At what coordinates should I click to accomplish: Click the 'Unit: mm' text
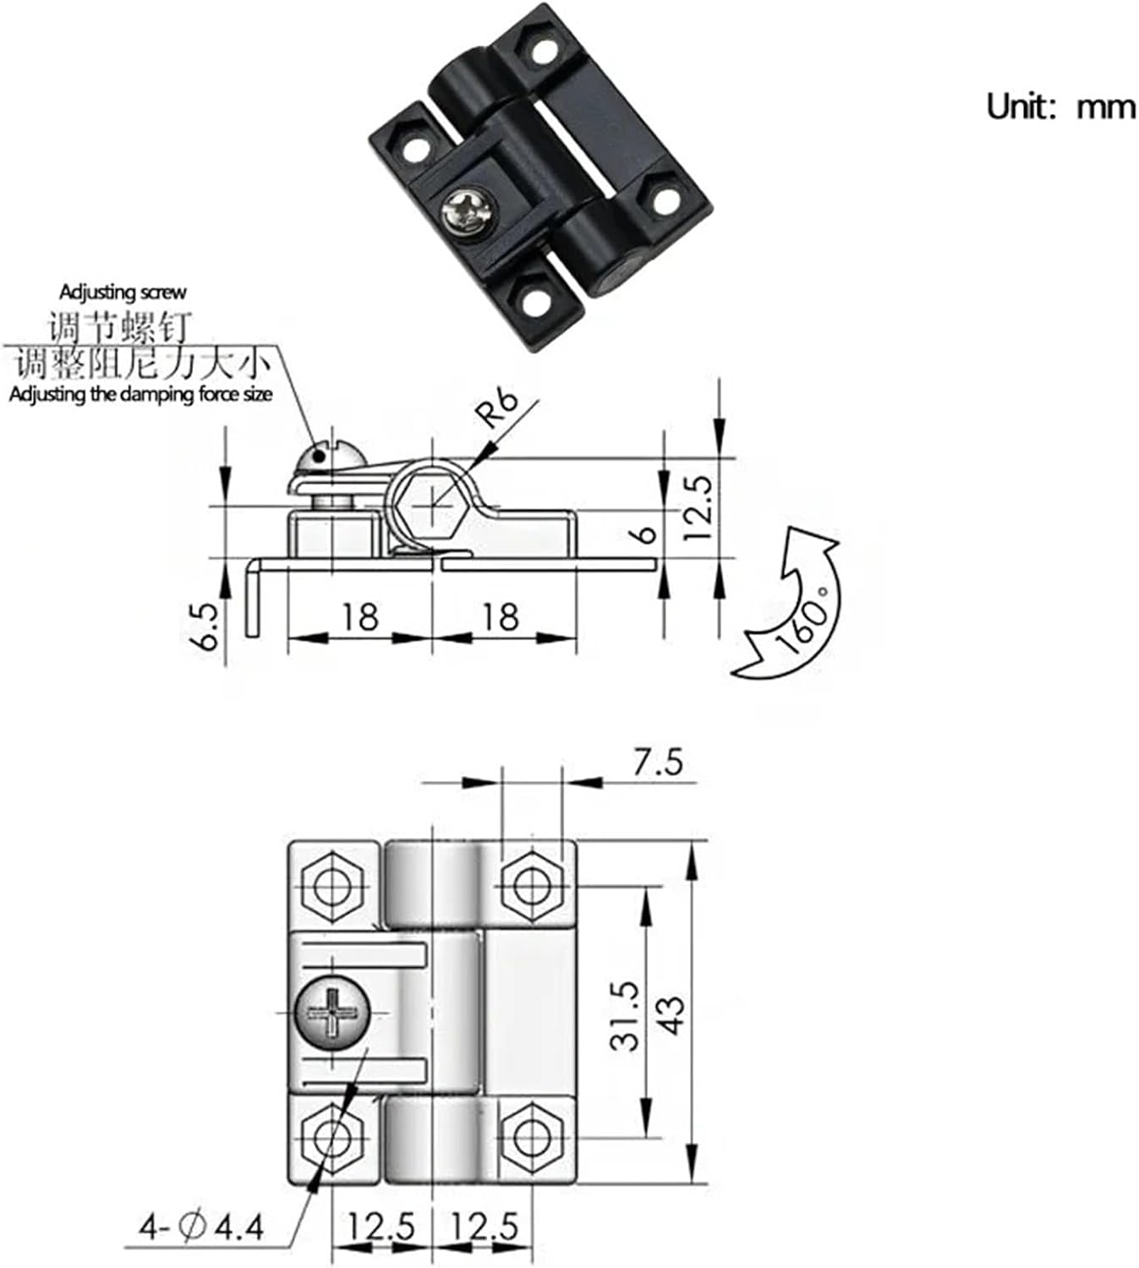pyautogui.click(x=1060, y=107)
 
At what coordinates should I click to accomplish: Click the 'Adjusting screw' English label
pyautogui.click(x=123, y=292)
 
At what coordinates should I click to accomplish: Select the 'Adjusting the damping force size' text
pyautogui.click(x=141, y=394)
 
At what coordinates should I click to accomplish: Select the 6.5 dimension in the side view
pyautogui.click(x=206, y=626)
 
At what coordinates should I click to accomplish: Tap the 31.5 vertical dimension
pyautogui.click(x=626, y=1015)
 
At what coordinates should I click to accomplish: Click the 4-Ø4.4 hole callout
pyautogui.click(x=202, y=1225)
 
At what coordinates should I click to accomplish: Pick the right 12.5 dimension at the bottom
pyautogui.click(x=485, y=1225)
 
